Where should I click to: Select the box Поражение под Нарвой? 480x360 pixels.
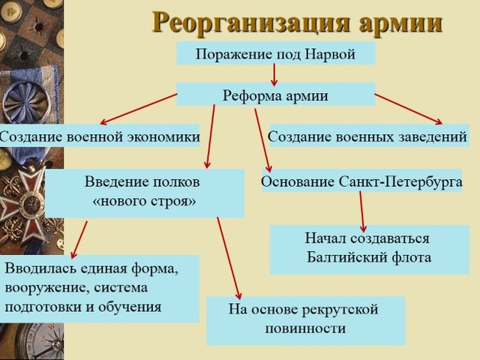pyautogui.click(x=274, y=53)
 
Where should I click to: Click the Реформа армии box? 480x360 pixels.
pyautogui.click(x=275, y=95)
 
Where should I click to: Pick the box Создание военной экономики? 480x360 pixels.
pyautogui.click(x=99, y=136)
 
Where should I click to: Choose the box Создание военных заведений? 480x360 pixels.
pyautogui.click(x=367, y=136)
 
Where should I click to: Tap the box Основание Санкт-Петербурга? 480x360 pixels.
pyautogui.click(x=361, y=181)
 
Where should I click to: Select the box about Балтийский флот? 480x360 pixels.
pyautogui.click(x=367, y=249)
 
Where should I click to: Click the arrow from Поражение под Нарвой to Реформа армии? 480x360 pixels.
pyautogui.click(x=274, y=74)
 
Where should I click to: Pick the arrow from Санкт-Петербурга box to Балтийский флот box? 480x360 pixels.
pyautogui.click(x=362, y=211)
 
